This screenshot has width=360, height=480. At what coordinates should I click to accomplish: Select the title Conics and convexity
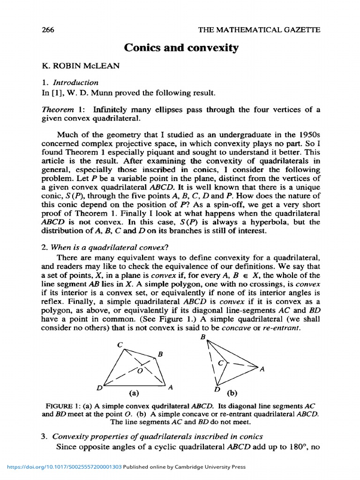pos(181,48)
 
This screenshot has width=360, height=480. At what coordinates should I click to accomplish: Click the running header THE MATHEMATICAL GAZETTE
pos(260,30)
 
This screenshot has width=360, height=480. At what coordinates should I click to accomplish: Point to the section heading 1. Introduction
pos(70,82)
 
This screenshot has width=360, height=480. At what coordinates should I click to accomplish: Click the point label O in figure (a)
pos(139,370)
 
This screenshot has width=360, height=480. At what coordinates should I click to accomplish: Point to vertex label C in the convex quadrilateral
pos(120,345)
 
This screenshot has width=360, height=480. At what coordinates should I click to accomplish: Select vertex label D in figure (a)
pos(99,388)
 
